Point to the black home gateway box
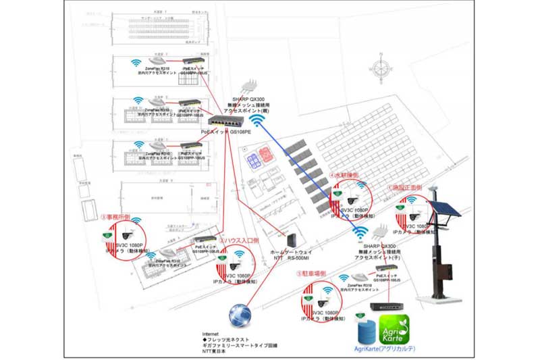pos(292,240)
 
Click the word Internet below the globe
pos(212,334)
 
